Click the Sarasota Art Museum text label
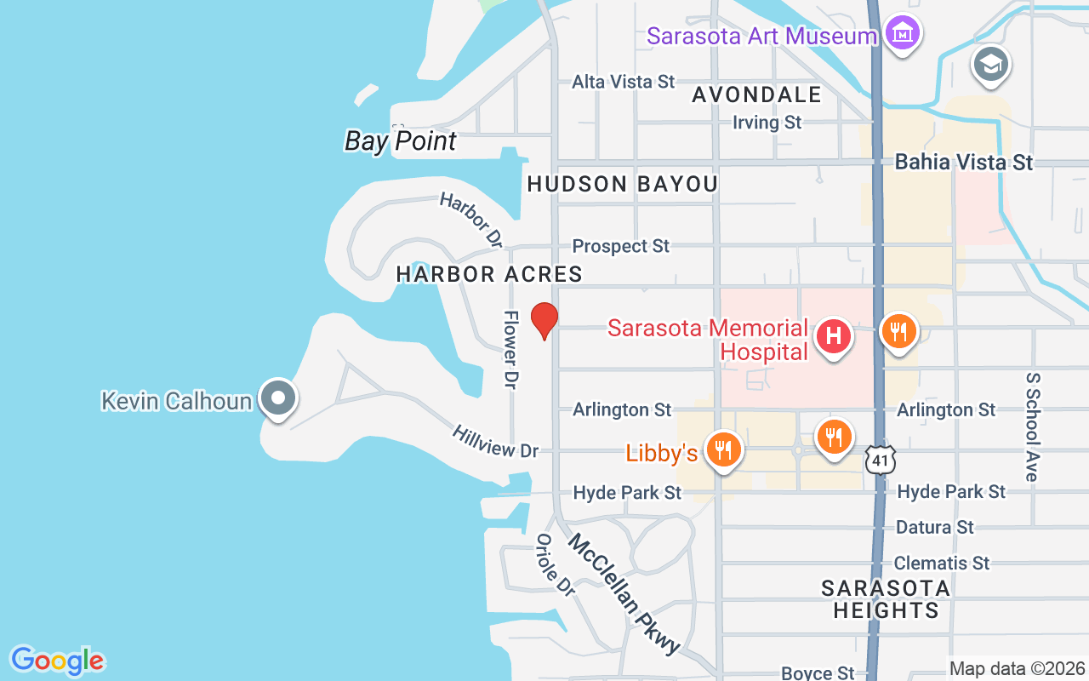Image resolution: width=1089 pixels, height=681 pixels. (761, 37)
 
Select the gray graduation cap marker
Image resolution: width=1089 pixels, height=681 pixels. (991, 65)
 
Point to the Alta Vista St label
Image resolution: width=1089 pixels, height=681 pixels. (623, 82)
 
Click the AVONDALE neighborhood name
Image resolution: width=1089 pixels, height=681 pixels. (756, 94)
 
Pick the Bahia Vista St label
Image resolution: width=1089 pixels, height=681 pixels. (964, 162)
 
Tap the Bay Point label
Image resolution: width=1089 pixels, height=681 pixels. (400, 141)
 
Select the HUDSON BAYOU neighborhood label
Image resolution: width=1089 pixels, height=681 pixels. (622, 184)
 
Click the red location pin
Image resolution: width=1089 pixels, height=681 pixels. (544, 320)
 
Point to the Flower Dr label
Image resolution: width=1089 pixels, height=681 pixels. (510, 350)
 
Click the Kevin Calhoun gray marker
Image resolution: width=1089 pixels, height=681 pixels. (277, 398)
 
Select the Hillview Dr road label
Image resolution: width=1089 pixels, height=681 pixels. (496, 443)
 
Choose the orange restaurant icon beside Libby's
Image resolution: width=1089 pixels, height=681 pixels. (723, 449)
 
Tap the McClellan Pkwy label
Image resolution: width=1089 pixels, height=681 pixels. (624, 593)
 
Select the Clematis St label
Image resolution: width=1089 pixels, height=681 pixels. (942, 564)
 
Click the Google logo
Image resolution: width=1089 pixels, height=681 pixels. (57, 661)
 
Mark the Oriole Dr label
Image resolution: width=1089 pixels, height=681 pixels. (555, 564)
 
